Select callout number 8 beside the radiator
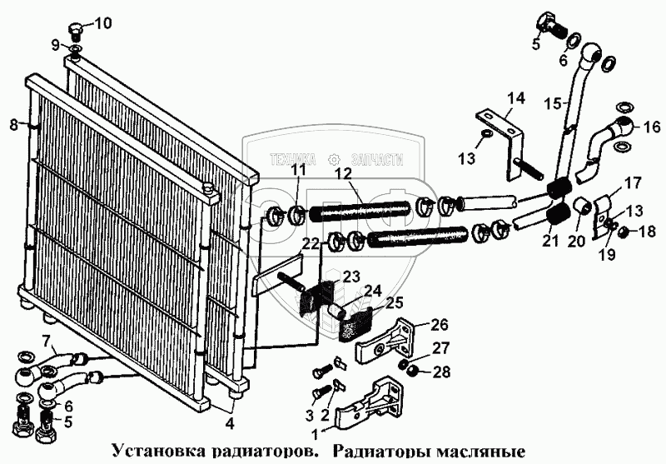pyautogui.click(x=12, y=126)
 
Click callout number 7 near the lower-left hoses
pyautogui.click(x=47, y=340)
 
